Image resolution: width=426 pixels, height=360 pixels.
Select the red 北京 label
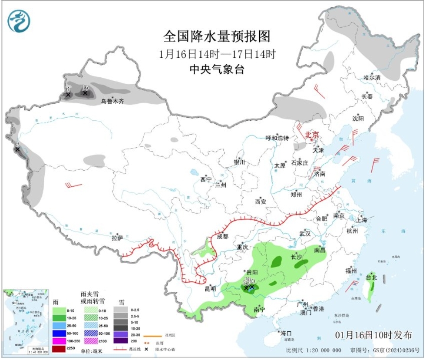[x=311, y=135]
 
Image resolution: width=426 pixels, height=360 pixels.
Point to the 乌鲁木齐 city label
[x=112, y=101]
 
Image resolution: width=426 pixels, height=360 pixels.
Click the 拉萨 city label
[x=117, y=238]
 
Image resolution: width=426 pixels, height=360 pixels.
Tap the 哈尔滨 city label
[x=372, y=77]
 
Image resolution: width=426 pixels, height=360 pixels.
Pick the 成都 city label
[x=222, y=237]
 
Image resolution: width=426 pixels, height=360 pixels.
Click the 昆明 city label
[x=210, y=288]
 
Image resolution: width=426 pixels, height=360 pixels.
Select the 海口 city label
[x=286, y=333]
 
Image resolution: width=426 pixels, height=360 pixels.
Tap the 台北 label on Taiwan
[x=372, y=277]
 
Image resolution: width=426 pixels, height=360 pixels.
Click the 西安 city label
[x=261, y=201]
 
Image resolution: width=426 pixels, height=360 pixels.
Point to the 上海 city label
[x=361, y=220]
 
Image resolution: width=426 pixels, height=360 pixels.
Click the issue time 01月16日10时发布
[x=373, y=335]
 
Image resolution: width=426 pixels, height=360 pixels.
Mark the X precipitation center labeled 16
[x=85, y=92]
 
